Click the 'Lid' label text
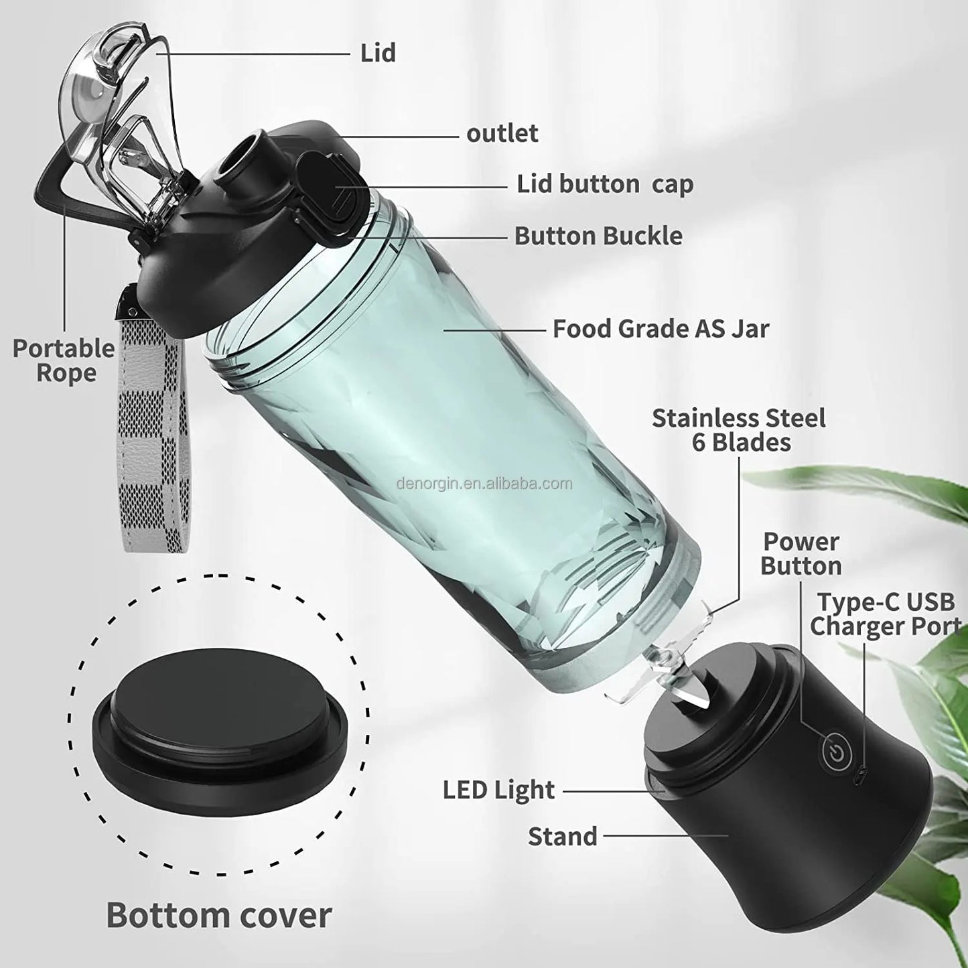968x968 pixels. (378, 53)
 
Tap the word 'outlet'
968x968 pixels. (502, 133)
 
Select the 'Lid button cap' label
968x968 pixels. (604, 184)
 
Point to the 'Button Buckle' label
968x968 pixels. (598, 236)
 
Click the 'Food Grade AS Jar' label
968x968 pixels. (661, 328)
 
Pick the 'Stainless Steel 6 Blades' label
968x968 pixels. (738, 430)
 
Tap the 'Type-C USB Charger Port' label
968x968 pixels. (884, 614)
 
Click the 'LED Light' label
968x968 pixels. (498, 790)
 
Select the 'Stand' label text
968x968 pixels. (562, 836)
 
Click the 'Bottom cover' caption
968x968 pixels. (218, 914)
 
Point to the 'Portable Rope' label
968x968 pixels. (64, 360)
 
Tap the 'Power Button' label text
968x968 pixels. (801, 553)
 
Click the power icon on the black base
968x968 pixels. (835, 752)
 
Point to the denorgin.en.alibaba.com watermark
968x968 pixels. (484, 483)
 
